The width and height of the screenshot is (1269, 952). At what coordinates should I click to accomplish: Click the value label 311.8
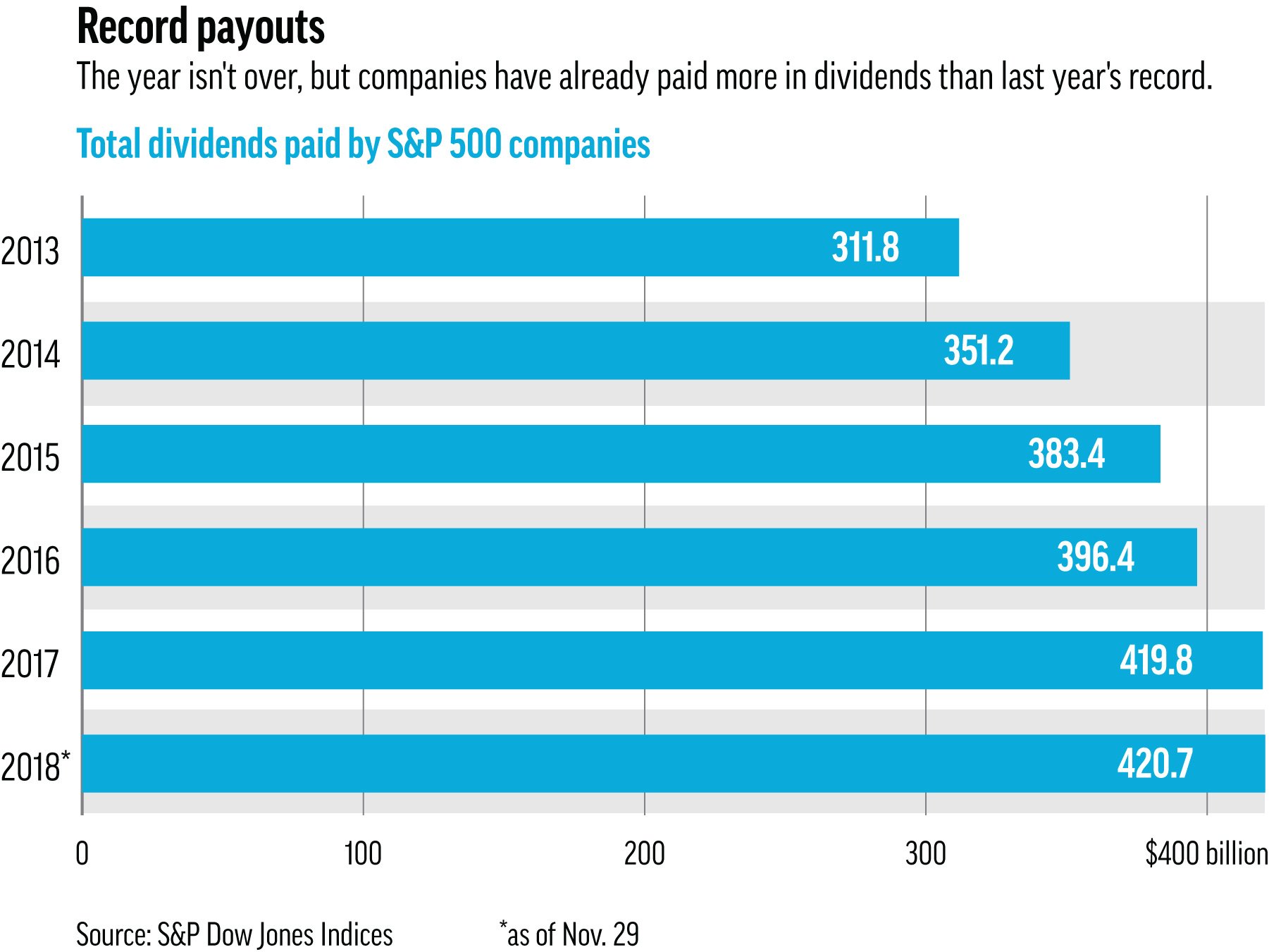(x=865, y=248)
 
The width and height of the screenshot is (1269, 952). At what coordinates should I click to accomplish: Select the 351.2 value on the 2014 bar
(x=978, y=351)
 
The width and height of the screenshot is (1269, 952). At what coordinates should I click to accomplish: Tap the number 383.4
(x=1066, y=454)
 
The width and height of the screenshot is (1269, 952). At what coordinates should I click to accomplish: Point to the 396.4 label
(x=1096, y=557)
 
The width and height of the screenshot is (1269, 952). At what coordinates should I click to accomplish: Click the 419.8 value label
(x=1156, y=661)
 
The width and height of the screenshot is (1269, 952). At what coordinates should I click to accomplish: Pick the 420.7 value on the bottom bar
(x=1155, y=764)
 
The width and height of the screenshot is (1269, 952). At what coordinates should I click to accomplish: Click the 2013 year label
(x=30, y=252)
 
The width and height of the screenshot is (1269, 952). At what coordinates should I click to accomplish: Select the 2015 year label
(x=30, y=458)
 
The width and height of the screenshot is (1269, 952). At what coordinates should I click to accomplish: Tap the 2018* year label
(x=35, y=767)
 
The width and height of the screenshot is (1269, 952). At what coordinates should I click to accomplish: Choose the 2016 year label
(x=30, y=562)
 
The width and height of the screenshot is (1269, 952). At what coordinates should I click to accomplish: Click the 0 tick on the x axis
(x=82, y=854)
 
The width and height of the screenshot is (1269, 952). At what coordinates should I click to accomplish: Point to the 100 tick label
(x=363, y=854)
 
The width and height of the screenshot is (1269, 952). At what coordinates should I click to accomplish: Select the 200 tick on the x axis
(x=644, y=854)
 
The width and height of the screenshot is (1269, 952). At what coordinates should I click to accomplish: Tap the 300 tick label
(x=925, y=854)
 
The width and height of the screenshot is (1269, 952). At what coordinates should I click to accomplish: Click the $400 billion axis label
(x=1206, y=854)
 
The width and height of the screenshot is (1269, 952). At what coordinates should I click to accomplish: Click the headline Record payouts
(x=200, y=28)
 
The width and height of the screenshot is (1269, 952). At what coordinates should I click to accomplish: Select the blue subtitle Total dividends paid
(x=362, y=144)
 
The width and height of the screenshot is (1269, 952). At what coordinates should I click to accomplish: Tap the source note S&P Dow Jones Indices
(x=234, y=935)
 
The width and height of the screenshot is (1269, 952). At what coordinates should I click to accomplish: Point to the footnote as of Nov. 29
(x=569, y=935)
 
